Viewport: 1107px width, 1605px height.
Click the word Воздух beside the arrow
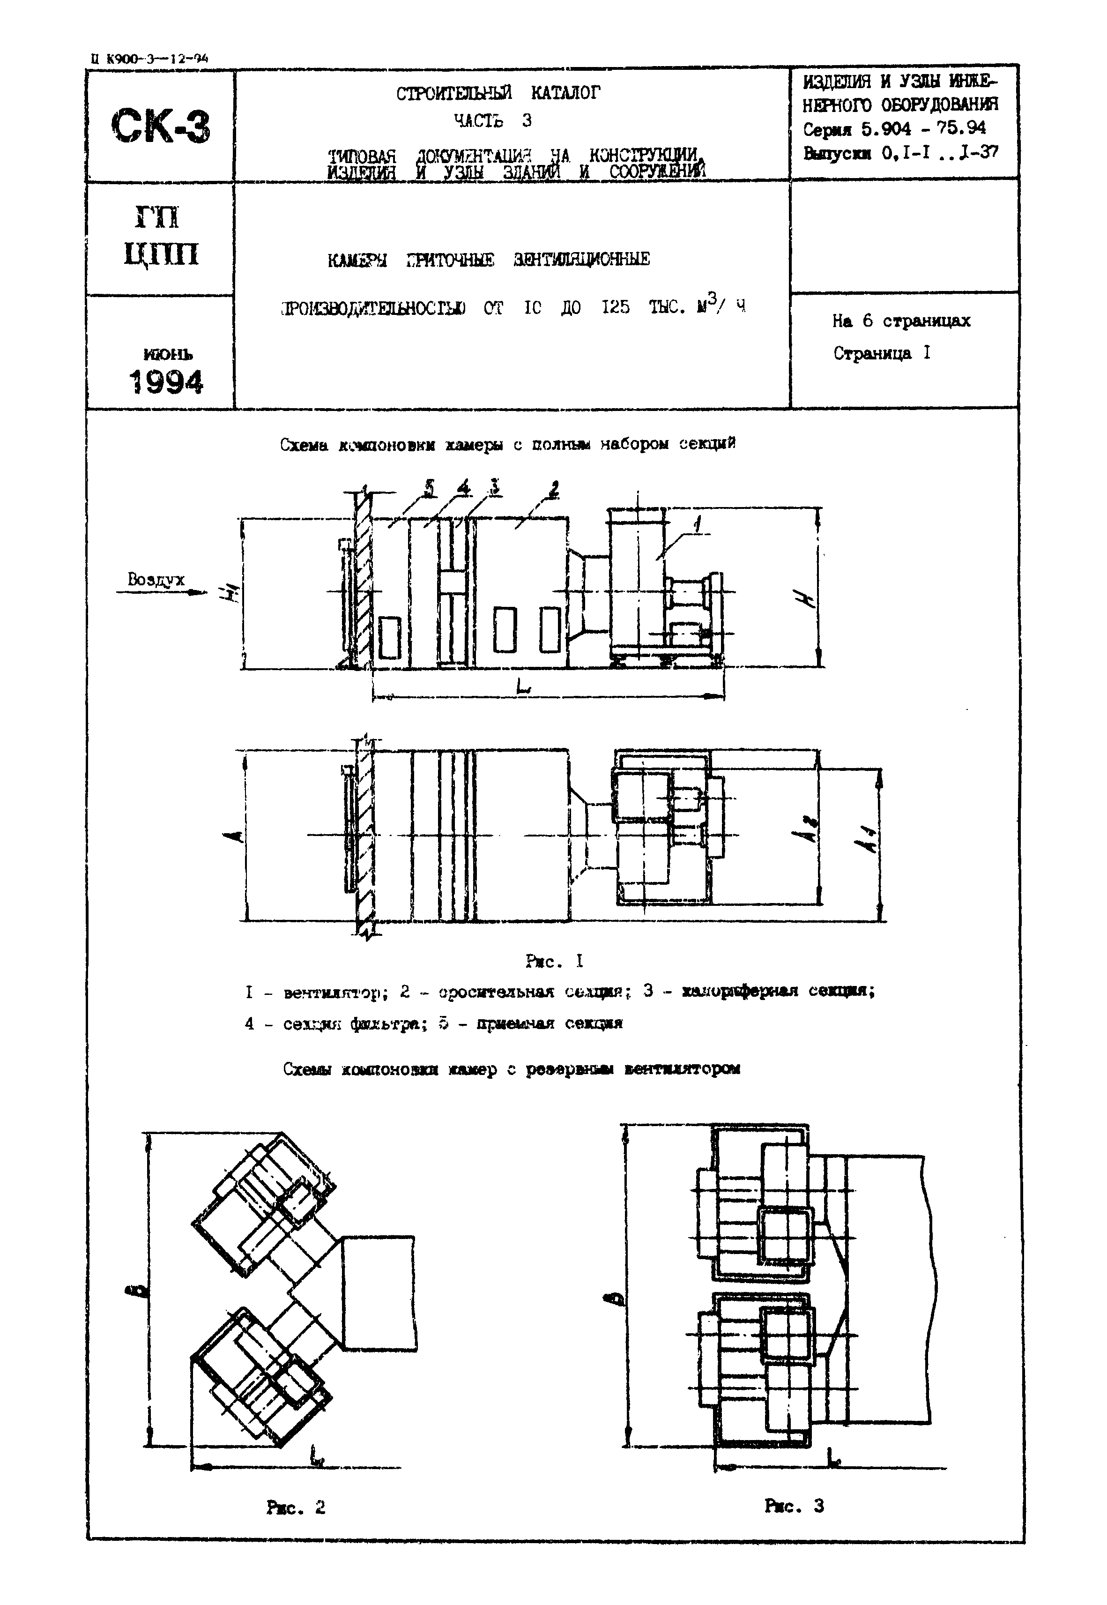click(156, 580)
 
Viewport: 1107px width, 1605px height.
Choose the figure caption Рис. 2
click(296, 1507)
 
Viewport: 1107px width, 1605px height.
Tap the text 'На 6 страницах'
click(901, 321)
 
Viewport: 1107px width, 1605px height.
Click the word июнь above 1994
click(167, 354)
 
